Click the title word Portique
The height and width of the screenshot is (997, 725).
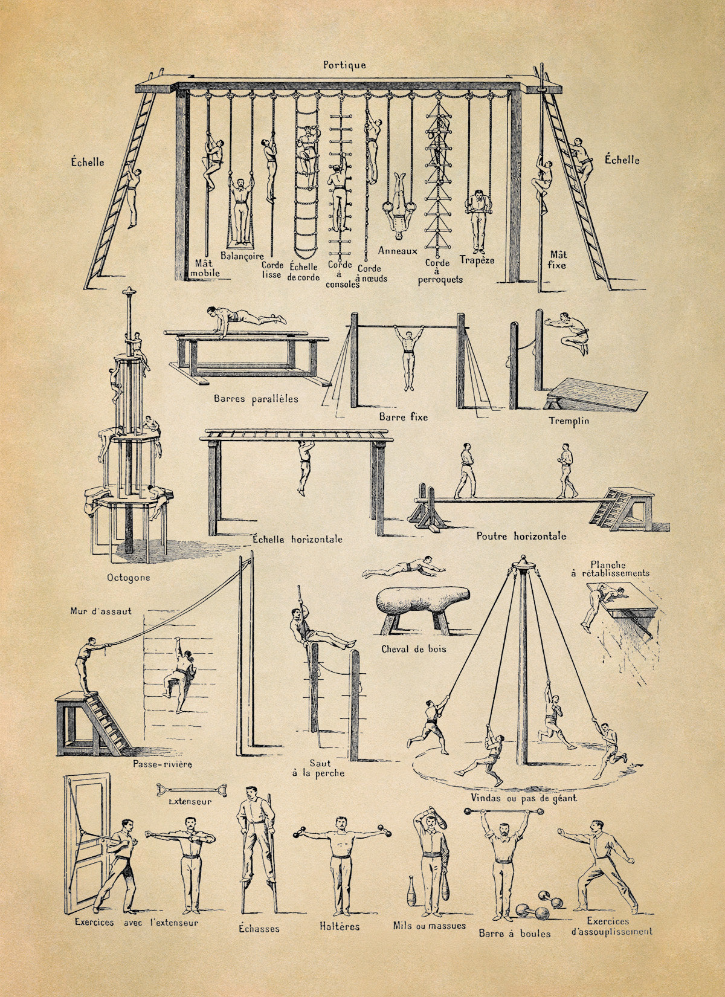344,65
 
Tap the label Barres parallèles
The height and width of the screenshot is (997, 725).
256,399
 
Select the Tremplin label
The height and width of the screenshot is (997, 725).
569,421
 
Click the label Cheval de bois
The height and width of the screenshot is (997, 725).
413,649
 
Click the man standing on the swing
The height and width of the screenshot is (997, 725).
241,211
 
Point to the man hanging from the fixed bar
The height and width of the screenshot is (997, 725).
407,356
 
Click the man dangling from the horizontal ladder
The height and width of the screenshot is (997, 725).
305,467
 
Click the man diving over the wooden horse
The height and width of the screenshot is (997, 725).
403,568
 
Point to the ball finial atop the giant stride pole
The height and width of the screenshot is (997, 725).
523,557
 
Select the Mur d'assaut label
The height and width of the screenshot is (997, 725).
101,611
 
